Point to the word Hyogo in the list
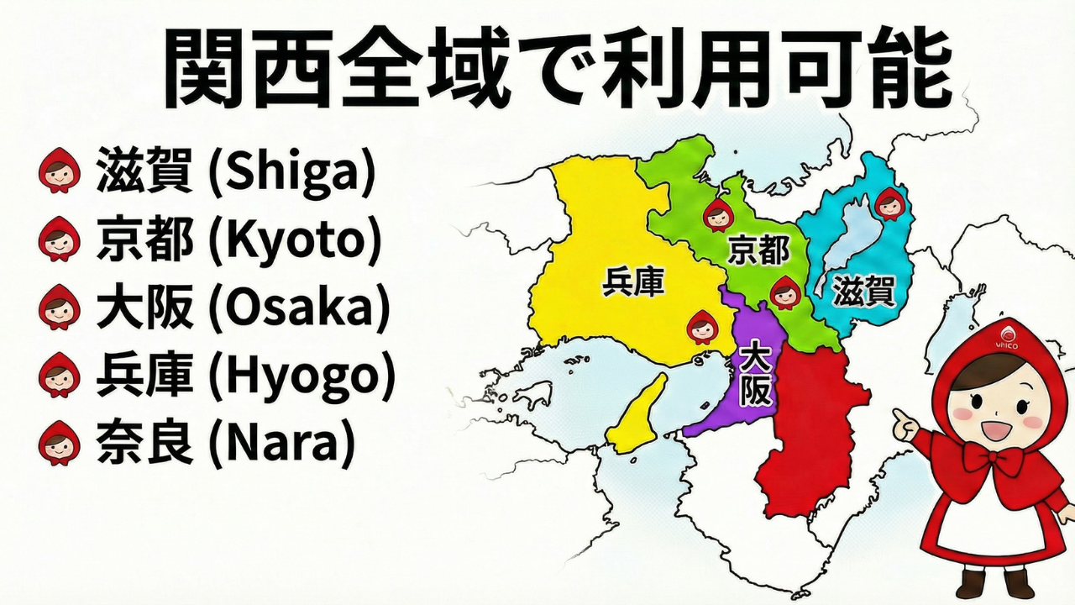click(x=301, y=376)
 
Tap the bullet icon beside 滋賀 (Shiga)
click(x=59, y=171)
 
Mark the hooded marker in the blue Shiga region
click(x=889, y=203)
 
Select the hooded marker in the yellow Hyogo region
click(x=702, y=326)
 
